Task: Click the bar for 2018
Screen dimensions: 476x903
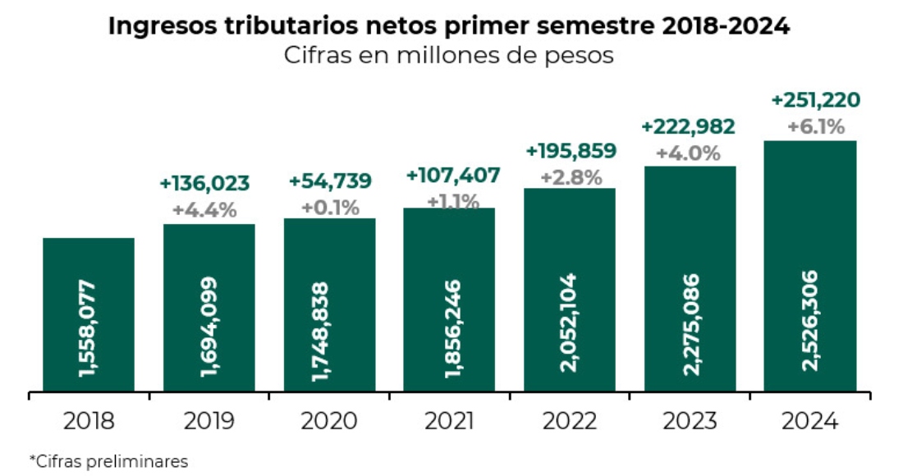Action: click(88, 315)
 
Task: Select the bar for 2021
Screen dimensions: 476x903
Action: click(449, 300)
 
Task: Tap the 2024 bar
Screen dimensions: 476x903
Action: click(810, 266)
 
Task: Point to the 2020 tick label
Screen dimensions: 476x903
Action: click(328, 422)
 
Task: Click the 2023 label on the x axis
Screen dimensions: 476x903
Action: click(690, 422)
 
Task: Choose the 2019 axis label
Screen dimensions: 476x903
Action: click(208, 422)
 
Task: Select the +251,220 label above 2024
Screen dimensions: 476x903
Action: click(816, 100)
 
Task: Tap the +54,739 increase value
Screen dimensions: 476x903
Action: click(330, 181)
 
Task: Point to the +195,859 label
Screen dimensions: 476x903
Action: click(571, 151)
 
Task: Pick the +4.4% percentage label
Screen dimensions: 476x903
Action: click(204, 209)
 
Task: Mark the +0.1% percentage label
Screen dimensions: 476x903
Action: click(330, 207)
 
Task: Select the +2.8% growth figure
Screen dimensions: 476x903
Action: click(571, 176)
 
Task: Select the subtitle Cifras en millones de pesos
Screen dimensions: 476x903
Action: click(449, 57)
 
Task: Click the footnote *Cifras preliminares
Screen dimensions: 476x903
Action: click(108, 461)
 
